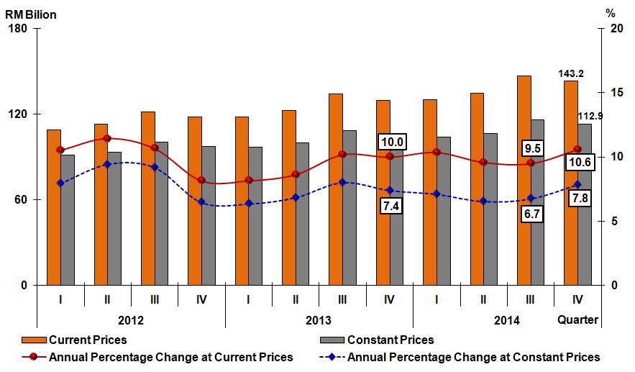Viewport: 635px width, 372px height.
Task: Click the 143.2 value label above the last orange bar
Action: [x=570, y=73]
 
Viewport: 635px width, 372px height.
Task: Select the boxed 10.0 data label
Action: [x=390, y=142]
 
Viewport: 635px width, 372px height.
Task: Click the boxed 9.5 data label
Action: [x=533, y=148]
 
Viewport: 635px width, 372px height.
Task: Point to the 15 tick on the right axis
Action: [x=611, y=93]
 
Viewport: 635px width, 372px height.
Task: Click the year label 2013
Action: [x=319, y=320]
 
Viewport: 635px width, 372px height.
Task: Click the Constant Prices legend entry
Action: [x=390, y=340]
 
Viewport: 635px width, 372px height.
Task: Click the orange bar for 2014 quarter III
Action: [x=524, y=180]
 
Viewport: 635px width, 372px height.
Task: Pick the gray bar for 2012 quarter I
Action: [x=68, y=219]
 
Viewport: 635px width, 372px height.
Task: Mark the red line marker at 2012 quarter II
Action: [x=107, y=138]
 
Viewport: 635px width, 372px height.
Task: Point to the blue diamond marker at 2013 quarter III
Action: [x=342, y=182]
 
